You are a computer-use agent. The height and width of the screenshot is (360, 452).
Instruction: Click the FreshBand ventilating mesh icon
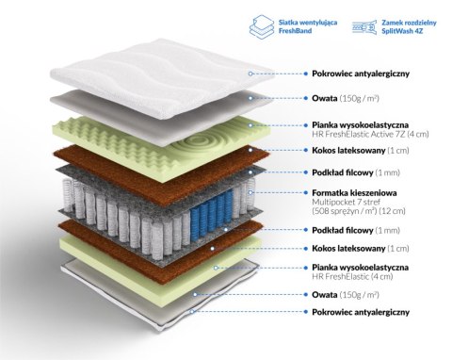click(262, 26)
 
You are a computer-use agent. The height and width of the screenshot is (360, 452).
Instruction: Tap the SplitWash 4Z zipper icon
click(364, 27)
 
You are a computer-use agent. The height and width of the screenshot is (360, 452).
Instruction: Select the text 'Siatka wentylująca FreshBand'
click(308, 26)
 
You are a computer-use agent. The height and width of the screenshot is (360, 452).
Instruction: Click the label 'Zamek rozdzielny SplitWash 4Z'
click(409, 26)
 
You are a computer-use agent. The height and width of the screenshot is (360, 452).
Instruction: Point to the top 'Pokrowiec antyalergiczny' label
click(361, 74)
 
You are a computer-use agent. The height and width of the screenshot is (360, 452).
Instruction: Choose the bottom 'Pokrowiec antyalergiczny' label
click(361, 312)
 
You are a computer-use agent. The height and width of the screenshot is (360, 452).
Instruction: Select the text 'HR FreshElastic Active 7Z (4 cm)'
click(370, 134)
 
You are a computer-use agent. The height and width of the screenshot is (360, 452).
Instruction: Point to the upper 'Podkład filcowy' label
click(343, 172)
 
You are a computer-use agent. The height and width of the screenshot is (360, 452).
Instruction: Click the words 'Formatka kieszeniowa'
click(354, 192)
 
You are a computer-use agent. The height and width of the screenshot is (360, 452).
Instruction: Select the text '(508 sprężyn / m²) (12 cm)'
click(359, 211)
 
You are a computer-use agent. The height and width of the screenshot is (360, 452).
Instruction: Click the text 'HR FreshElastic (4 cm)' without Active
click(352, 276)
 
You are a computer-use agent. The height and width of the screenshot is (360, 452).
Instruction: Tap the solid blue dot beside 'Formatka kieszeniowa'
click(306, 192)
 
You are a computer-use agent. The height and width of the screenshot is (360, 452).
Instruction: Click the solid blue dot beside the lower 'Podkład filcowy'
click(306, 230)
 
